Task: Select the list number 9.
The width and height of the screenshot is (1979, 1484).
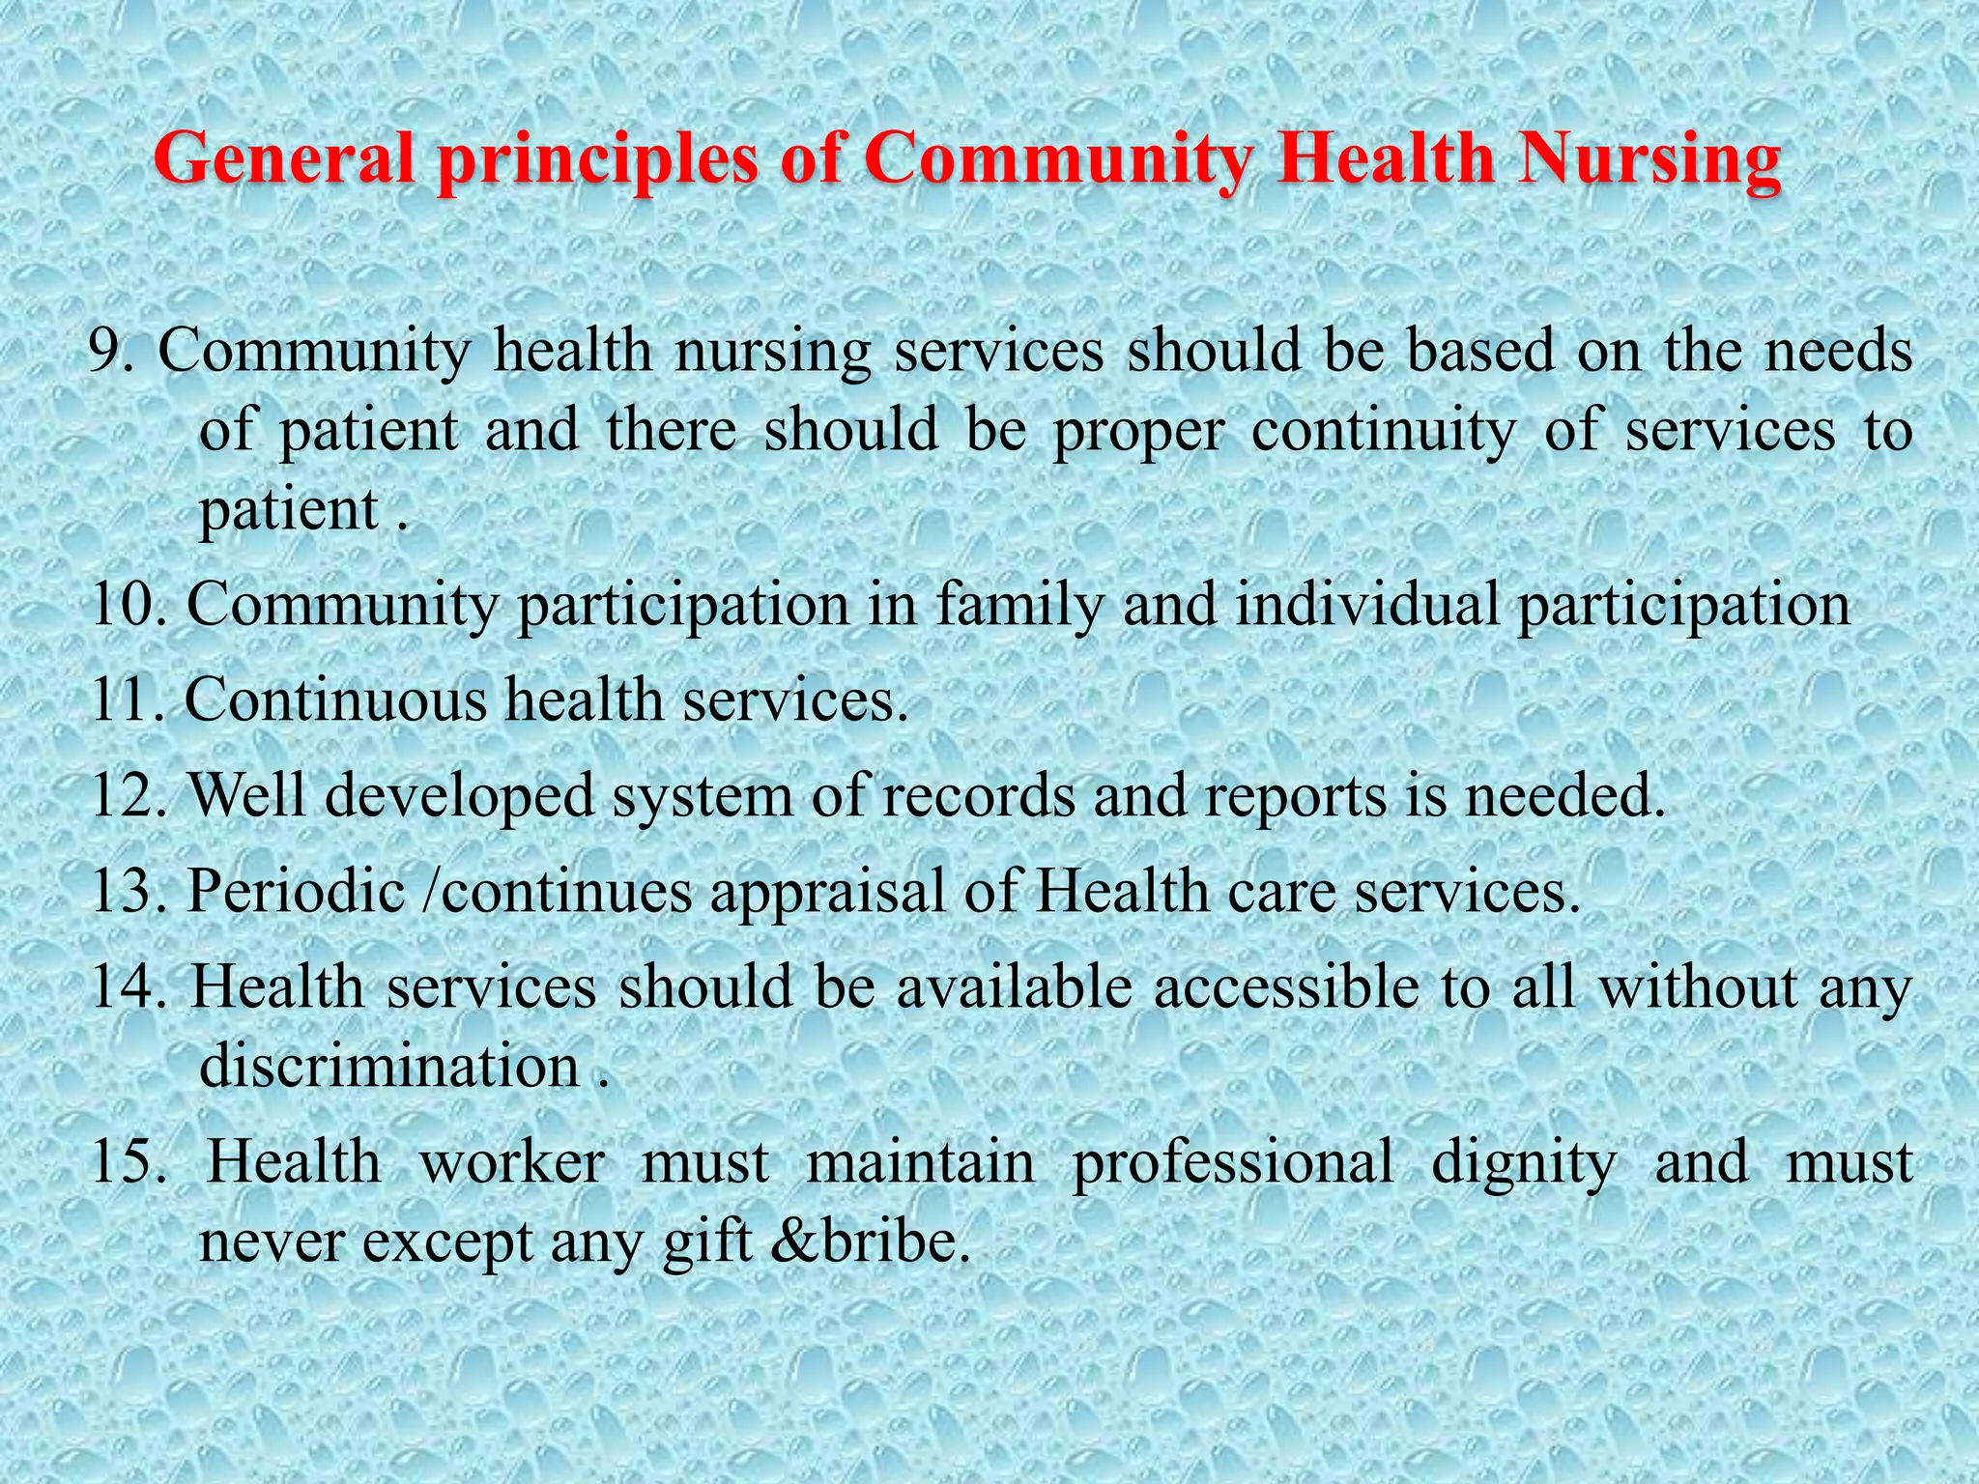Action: (111, 350)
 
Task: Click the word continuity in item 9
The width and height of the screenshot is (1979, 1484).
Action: (1383, 430)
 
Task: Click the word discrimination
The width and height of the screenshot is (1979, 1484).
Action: (388, 1066)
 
